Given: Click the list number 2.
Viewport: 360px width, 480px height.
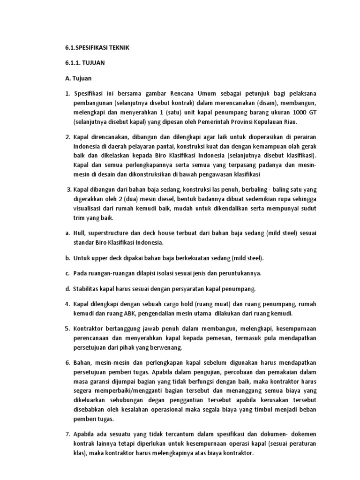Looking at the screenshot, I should pyautogui.click(x=67, y=137).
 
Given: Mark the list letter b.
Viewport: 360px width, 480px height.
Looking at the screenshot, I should pyautogui.click(x=67, y=258).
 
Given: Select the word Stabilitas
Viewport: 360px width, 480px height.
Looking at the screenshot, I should pyautogui.click(x=89, y=288).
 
